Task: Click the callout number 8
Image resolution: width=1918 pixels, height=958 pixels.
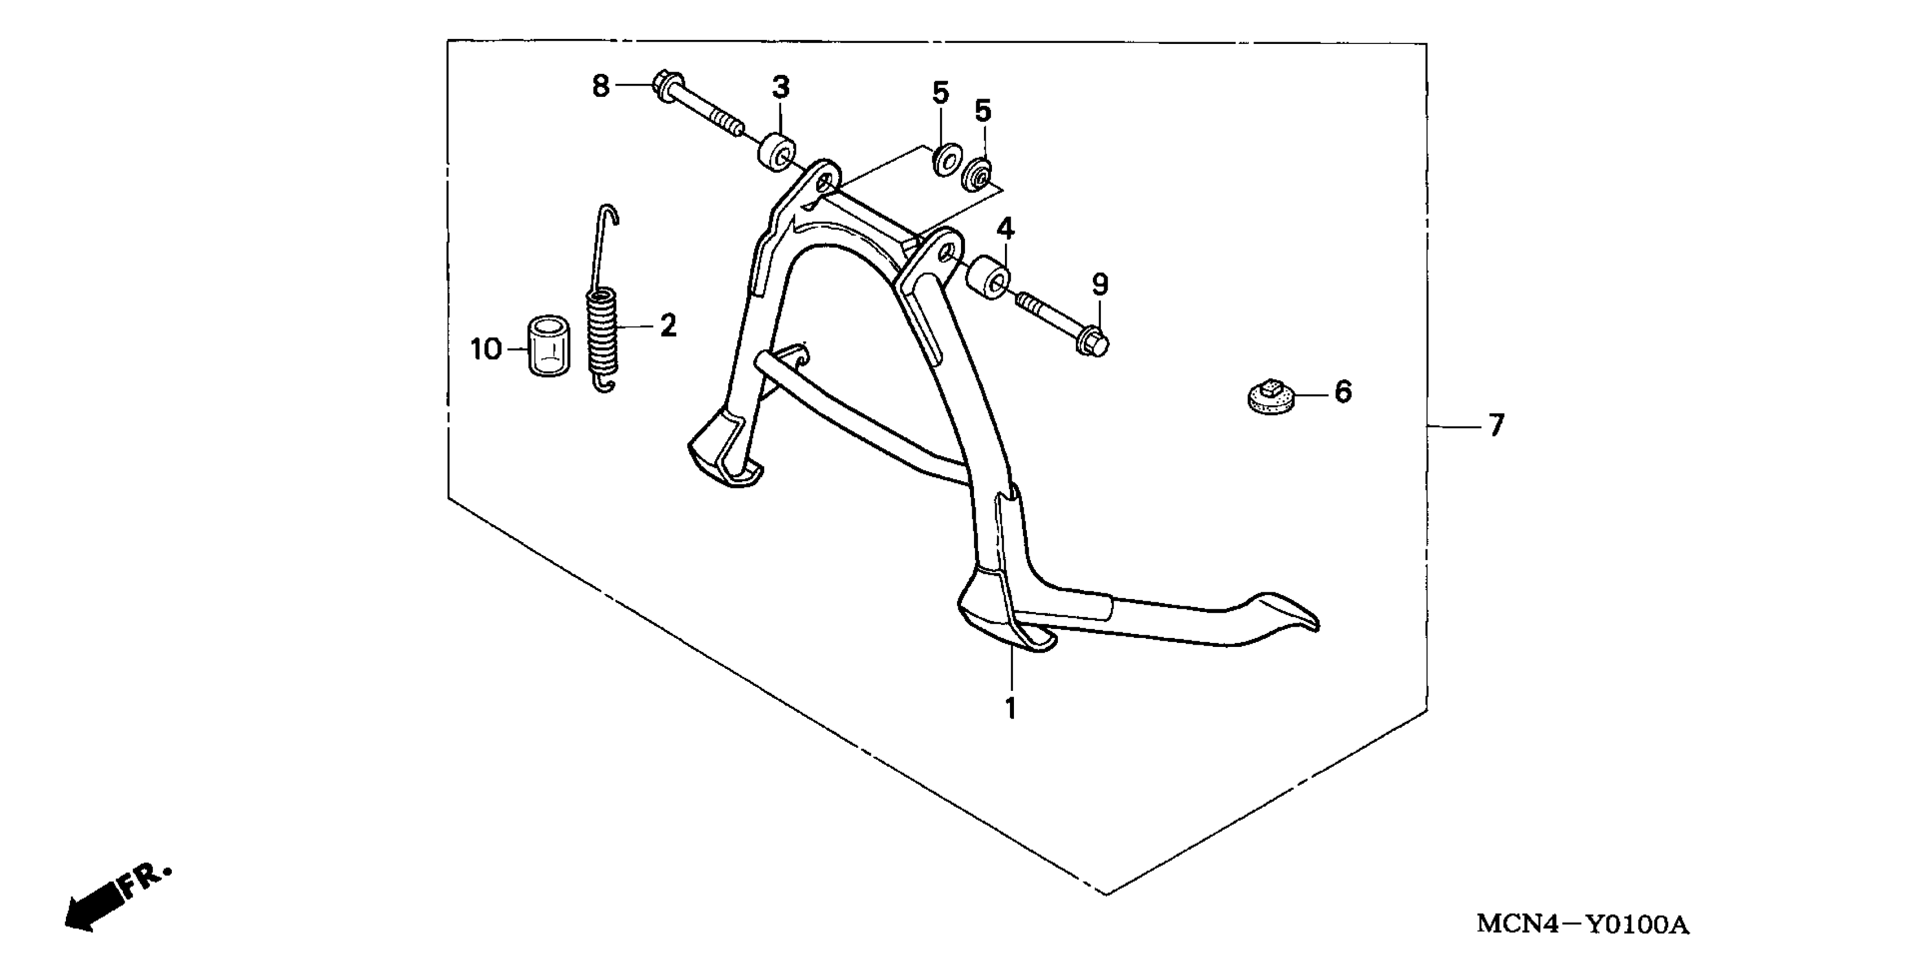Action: click(601, 86)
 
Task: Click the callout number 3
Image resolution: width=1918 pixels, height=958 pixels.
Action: click(780, 88)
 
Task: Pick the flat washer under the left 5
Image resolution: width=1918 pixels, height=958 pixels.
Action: click(945, 160)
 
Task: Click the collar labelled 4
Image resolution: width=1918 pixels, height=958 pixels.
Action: click(988, 278)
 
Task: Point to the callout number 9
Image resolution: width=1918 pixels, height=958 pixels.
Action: click(1100, 285)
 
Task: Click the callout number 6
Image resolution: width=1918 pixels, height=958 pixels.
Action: click(1343, 392)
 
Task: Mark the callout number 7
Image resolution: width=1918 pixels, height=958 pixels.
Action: click(1496, 426)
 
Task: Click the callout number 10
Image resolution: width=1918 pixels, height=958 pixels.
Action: click(486, 349)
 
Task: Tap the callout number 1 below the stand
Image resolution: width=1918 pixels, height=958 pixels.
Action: click(1011, 708)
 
